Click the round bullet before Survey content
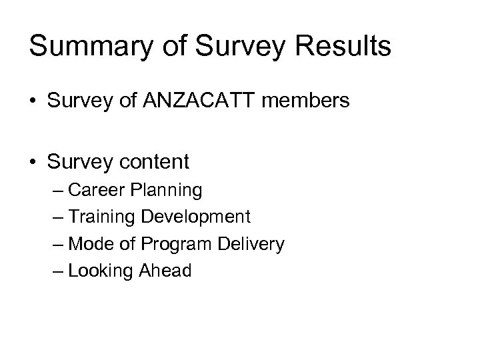click(x=33, y=161)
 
